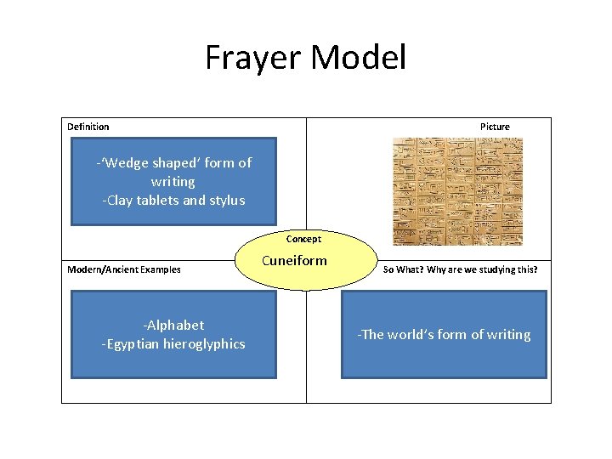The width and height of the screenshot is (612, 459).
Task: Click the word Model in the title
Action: pos(359,58)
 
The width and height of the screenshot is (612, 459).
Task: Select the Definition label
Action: pos(88,127)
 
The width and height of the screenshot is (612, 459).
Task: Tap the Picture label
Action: pos(495,127)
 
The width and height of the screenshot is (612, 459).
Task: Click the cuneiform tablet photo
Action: pos(457,191)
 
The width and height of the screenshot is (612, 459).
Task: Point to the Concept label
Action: pos(303,239)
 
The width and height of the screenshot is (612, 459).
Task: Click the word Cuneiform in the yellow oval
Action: pos(294,260)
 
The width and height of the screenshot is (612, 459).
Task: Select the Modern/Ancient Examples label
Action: pos(124,269)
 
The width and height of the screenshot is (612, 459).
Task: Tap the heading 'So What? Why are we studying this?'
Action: pos(461,269)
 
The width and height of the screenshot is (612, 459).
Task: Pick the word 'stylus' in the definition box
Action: pos(226,201)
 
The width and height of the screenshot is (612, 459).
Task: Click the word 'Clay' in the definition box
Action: pos(121,201)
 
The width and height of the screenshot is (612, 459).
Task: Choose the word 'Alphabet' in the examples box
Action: pos(176,325)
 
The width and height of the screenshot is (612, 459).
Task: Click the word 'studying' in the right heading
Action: pos(500,269)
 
